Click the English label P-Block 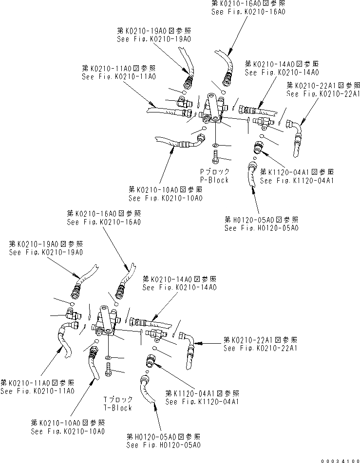tap(215, 180)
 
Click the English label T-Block tap(117, 407)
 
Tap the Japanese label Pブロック tap(215, 172)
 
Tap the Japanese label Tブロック tap(117, 400)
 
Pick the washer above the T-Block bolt tap(107, 358)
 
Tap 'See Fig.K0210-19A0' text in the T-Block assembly tap(46, 252)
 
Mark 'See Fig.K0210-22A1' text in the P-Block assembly tap(322, 94)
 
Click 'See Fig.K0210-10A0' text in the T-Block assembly tap(67, 431)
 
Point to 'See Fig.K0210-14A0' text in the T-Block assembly tap(179, 287)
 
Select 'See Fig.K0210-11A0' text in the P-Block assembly tap(119, 77)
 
